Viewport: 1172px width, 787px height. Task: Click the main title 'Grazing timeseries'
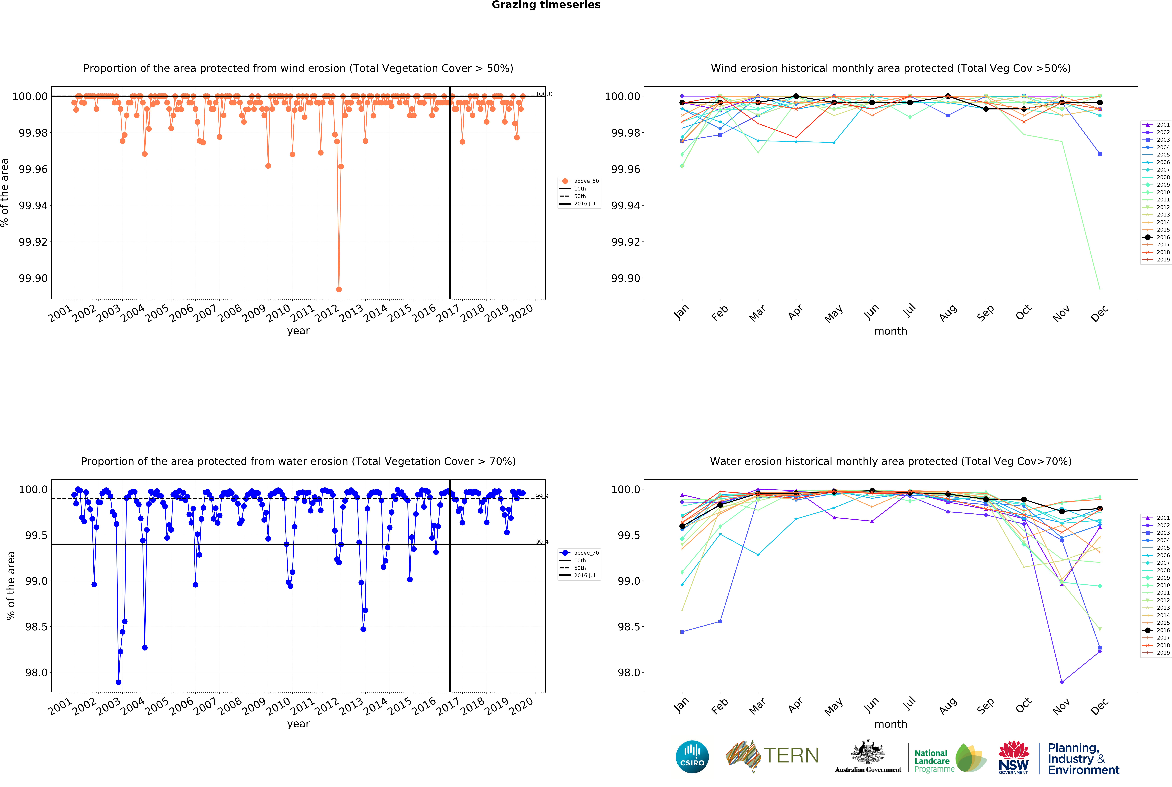tap(546, 5)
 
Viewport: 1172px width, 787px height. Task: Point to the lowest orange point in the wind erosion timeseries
tap(339, 290)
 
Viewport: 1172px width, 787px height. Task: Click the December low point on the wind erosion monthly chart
tap(1100, 289)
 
